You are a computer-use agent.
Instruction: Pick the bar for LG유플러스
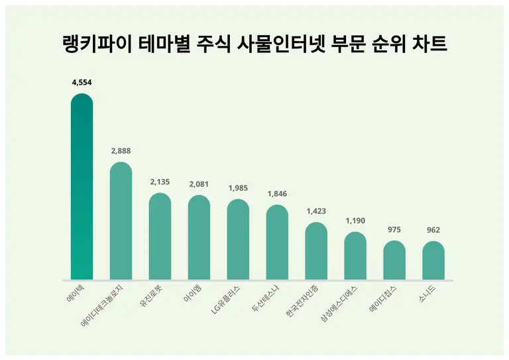tap(238, 239)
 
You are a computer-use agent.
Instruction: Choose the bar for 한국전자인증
tap(316, 251)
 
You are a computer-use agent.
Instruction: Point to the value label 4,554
tap(82, 82)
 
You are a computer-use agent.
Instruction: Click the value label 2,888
tap(121, 150)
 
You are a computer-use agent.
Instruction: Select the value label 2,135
tap(160, 182)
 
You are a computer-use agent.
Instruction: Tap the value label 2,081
tap(199, 184)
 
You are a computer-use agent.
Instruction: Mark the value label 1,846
tap(277, 194)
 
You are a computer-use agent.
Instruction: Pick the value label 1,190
tap(355, 220)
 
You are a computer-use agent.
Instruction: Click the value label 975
tap(394, 229)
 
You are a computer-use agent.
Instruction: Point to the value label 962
tap(433, 230)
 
